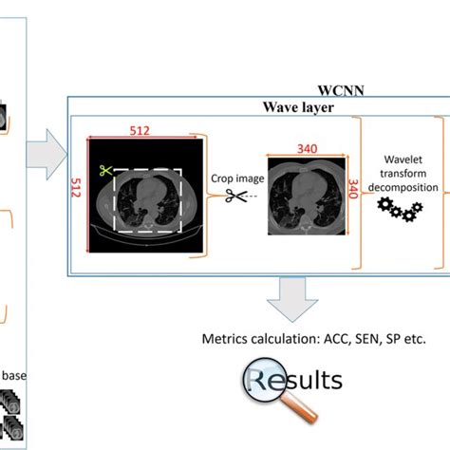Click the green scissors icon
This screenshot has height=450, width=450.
click(x=105, y=173)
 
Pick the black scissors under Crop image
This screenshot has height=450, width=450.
click(x=234, y=196)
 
